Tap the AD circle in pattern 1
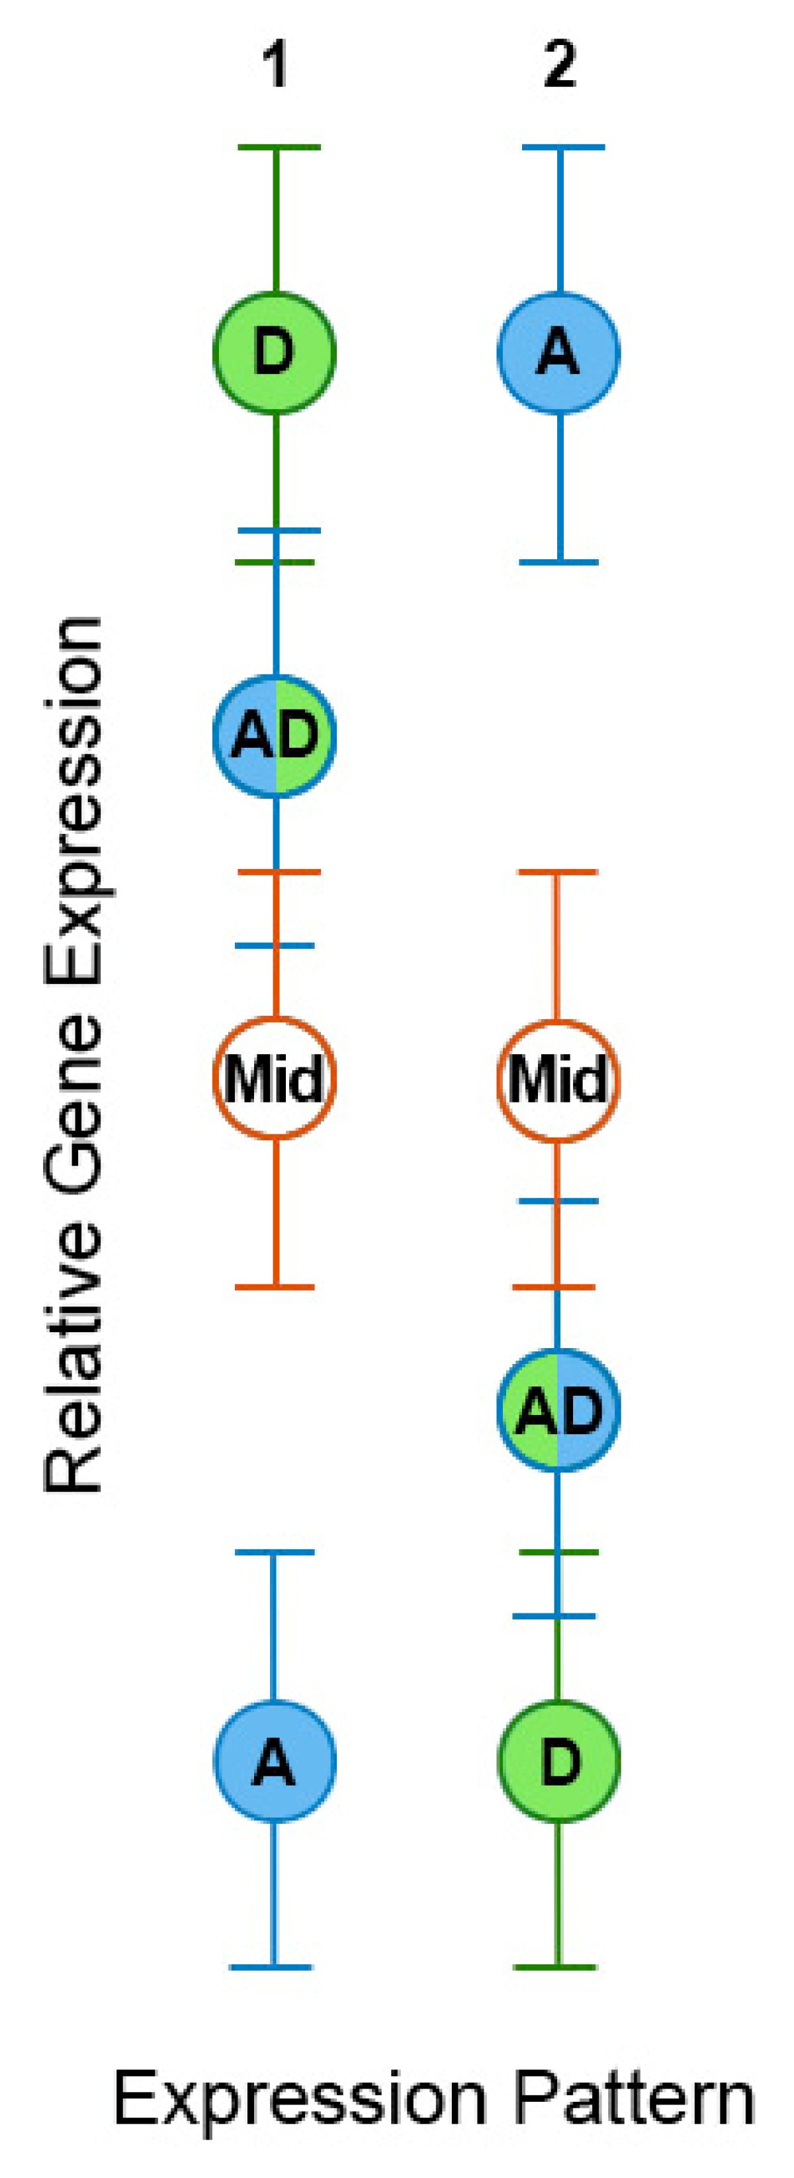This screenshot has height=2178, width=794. click(275, 735)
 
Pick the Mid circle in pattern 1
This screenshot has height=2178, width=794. click(275, 1078)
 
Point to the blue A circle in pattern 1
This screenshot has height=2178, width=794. click(275, 1763)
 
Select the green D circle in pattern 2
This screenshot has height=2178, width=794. click(558, 1763)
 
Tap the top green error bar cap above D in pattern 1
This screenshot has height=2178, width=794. click(278, 148)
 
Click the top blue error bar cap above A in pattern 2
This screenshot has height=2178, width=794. click(563, 148)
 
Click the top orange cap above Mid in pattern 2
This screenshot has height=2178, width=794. click(556, 871)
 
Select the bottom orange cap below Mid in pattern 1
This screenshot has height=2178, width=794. click(274, 1287)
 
